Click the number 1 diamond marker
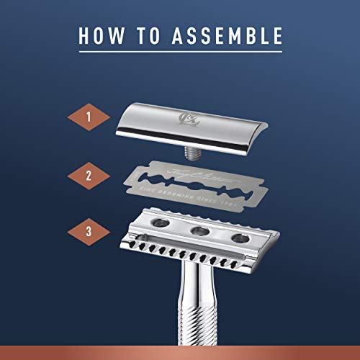(x=89, y=117)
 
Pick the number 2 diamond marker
(x=89, y=174)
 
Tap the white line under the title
(x=180, y=53)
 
